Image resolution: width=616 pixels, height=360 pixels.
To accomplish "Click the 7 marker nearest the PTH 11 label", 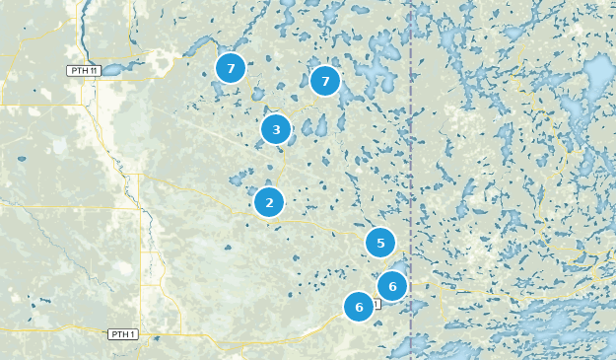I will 230,68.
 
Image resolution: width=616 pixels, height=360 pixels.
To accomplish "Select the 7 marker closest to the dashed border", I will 324,81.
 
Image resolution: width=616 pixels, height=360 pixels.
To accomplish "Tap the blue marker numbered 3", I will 276,129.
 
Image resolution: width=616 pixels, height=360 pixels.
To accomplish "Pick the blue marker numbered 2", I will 268,202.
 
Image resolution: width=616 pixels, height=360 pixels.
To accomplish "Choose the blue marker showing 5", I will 379,243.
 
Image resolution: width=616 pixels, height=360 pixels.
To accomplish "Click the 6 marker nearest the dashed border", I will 392,286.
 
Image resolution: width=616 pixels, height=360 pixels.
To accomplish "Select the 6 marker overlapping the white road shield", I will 359,307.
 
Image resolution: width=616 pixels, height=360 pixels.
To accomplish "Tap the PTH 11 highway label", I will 83,71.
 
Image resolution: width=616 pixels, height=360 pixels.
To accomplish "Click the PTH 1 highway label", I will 122,334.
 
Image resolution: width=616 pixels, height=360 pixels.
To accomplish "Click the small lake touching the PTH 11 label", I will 109,70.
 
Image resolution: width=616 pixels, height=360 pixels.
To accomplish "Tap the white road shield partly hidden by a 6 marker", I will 376,304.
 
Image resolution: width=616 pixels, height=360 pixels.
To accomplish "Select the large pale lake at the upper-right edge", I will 599,74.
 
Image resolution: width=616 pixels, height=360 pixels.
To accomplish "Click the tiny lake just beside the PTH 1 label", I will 146,332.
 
